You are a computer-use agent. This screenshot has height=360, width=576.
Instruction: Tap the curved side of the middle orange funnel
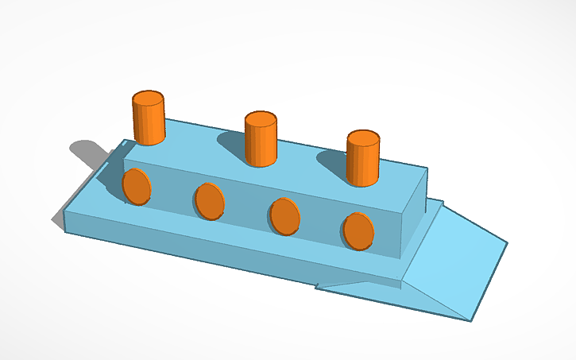pos(260,146)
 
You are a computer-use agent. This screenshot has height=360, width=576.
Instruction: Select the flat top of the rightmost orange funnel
pos(363,140)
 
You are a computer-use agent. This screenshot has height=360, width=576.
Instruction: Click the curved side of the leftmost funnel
pos(148,126)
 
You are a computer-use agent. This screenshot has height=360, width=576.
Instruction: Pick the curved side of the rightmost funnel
pos(362,167)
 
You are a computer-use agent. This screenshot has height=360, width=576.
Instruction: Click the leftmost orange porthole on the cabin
pos(137,187)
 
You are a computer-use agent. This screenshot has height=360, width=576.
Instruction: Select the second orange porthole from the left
pos(209,200)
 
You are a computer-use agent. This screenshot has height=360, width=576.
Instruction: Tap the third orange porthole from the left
pos(284,215)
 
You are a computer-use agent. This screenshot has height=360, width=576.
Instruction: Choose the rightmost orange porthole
pos(358,230)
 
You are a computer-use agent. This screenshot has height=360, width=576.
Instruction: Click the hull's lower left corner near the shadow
pos(64,227)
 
